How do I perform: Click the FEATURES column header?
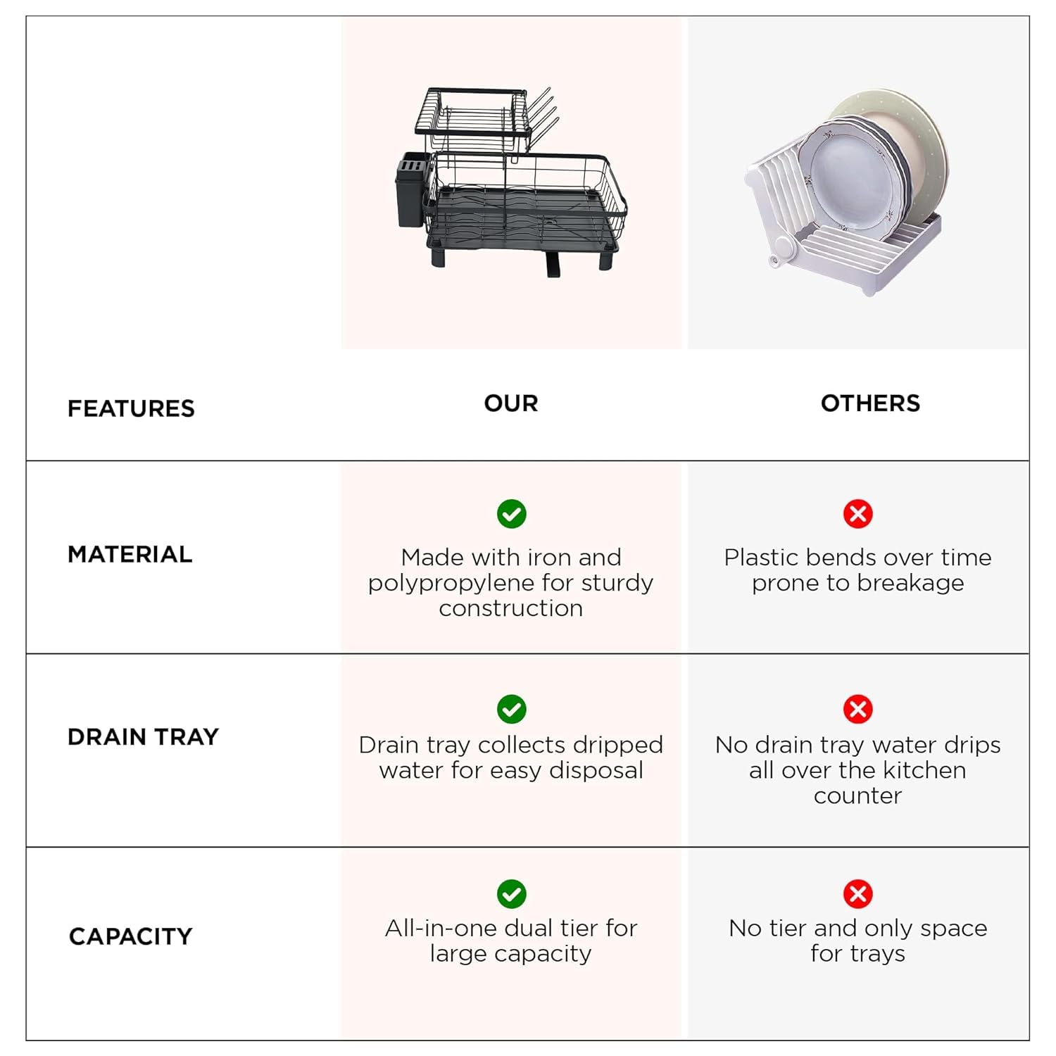131,408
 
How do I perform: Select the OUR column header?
511,403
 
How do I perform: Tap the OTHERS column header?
870,403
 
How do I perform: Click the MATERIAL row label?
130,554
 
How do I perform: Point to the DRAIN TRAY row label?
144,736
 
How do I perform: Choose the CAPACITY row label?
131,936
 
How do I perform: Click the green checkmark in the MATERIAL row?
512,514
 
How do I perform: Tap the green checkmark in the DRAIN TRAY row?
512,709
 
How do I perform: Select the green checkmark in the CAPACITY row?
512,894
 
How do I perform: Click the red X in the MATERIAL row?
858,514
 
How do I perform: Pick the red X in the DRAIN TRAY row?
858,709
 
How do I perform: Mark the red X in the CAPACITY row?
858,894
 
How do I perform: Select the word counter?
857,796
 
